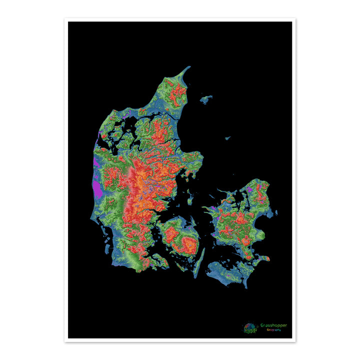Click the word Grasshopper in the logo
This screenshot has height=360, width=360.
click(273, 325)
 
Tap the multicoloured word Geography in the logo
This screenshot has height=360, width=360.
click(273, 330)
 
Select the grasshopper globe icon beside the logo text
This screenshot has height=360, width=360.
click(250, 327)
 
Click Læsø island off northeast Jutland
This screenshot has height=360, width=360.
click(205, 99)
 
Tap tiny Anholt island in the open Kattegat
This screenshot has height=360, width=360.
click(227, 138)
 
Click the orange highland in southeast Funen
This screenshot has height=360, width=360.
click(189, 244)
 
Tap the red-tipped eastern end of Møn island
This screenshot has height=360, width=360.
click(267, 258)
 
